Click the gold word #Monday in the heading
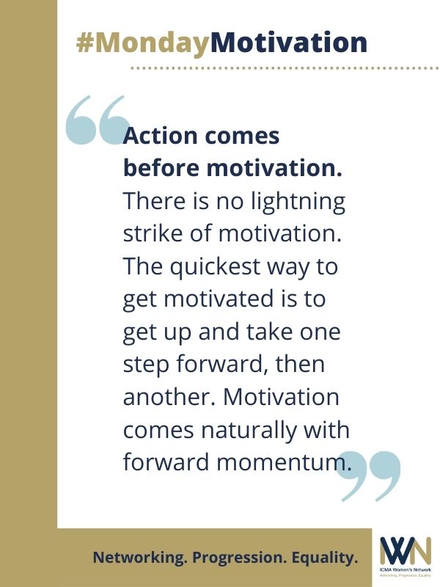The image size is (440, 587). click(143, 43)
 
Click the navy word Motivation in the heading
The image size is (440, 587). click(289, 42)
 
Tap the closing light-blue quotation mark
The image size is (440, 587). click(369, 476)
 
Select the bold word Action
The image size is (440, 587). click(160, 136)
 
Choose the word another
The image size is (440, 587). click(171, 396)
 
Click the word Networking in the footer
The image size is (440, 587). click(139, 558)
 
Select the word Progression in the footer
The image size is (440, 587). click(239, 558)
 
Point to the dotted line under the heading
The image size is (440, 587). click(285, 68)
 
